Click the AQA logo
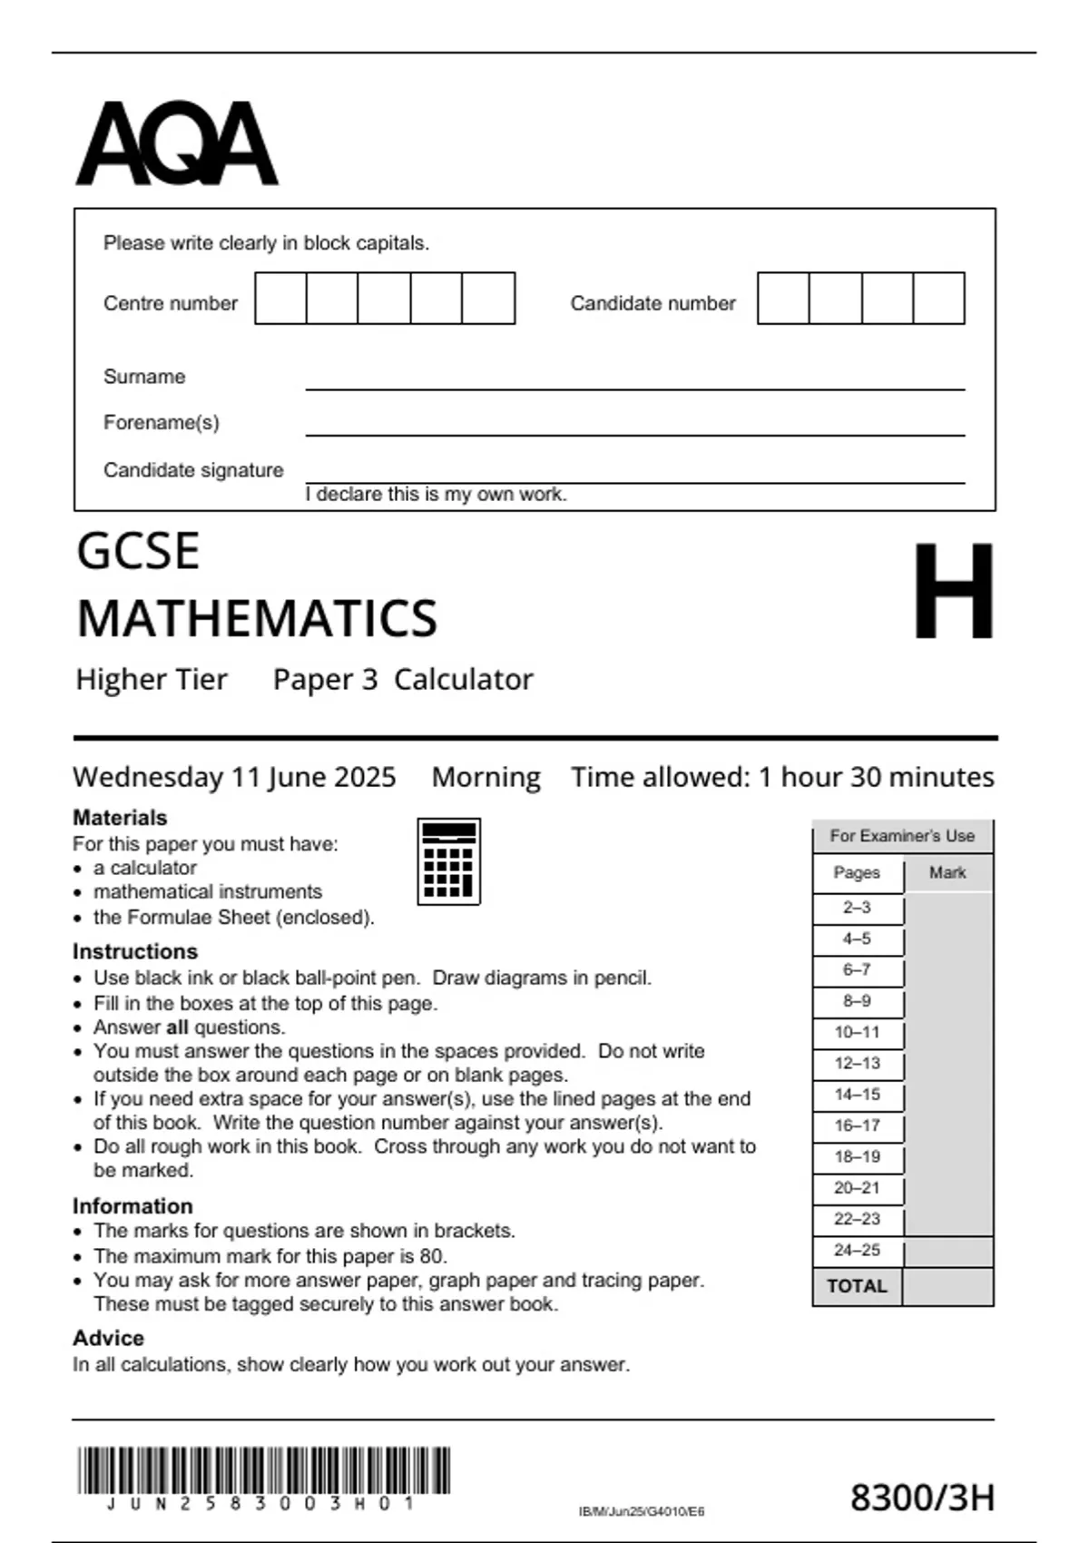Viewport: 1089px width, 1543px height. pyautogui.click(x=176, y=143)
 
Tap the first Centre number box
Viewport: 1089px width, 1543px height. pyautogui.click(x=280, y=299)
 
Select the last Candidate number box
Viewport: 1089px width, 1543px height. pyautogui.click(x=938, y=299)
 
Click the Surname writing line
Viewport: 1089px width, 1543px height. pyautogui.click(x=635, y=381)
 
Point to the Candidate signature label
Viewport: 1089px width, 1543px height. pyautogui.click(x=193, y=470)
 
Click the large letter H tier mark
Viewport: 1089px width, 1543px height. pyautogui.click(x=953, y=591)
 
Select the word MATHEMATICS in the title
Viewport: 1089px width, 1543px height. pyautogui.click(x=257, y=619)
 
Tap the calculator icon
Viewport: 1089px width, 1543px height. pyautogui.click(x=448, y=861)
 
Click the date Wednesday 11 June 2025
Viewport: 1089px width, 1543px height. pyautogui.click(x=234, y=777)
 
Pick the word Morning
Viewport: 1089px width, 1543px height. pyautogui.click(x=486, y=777)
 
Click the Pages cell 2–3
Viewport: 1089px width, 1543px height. pyautogui.click(x=857, y=908)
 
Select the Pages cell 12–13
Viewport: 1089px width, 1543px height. pyautogui.click(x=857, y=1064)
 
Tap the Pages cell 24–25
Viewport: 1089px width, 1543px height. pyautogui.click(x=857, y=1251)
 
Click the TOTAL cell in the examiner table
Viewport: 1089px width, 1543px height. pyautogui.click(x=857, y=1286)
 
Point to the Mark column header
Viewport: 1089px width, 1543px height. pyautogui.click(x=947, y=873)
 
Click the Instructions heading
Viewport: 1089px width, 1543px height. pyautogui.click(x=135, y=951)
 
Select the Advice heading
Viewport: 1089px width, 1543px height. pyautogui.click(x=108, y=1338)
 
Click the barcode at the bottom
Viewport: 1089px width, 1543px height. pyautogui.click(x=263, y=1470)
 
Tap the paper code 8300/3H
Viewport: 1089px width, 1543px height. pyautogui.click(x=922, y=1498)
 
